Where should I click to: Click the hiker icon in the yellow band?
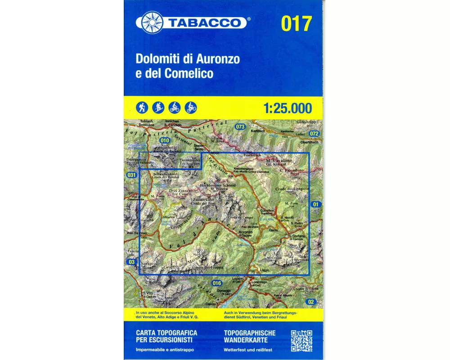click(142, 108)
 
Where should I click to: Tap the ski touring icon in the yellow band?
click(158, 108)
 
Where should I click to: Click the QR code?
click(301, 341)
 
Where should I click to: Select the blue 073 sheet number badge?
click(240, 127)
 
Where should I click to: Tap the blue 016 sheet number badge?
click(217, 283)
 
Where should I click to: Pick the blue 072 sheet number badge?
click(314, 134)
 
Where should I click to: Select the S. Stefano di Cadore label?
click(297, 237)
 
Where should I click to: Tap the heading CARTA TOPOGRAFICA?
click(162, 332)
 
